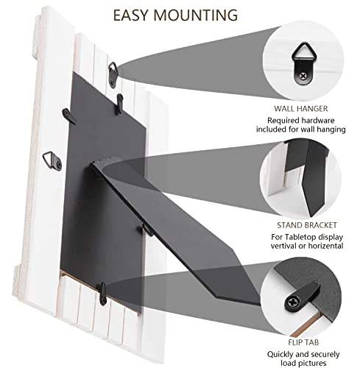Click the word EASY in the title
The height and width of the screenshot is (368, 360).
click(x=135, y=14)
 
